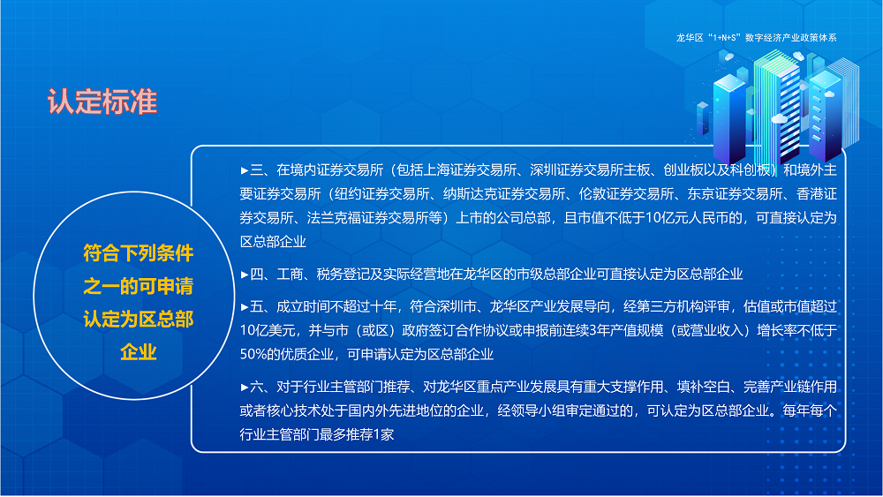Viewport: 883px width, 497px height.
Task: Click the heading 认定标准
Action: click(x=102, y=101)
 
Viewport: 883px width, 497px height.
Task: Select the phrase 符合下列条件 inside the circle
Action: click(x=139, y=253)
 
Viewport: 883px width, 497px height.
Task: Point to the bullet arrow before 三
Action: click(x=245, y=170)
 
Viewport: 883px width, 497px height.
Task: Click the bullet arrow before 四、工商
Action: click(x=245, y=275)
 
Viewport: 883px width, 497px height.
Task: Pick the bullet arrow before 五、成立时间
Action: click(x=245, y=306)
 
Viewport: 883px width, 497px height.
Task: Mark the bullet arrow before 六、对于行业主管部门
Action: click(x=245, y=387)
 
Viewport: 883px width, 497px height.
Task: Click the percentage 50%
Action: click(x=256, y=355)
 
